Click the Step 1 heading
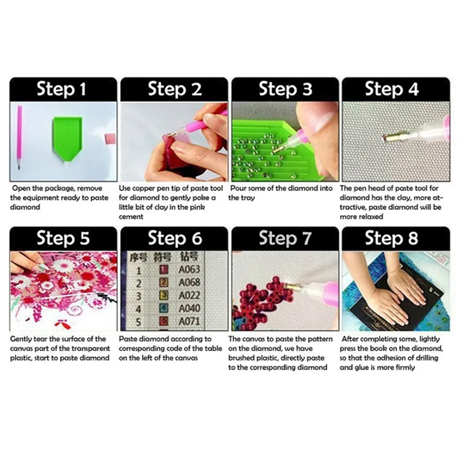click(61, 89)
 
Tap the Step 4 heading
click(392, 89)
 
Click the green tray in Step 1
click(68, 138)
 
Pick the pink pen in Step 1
click(19, 137)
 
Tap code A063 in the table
click(189, 269)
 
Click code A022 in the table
click(189, 295)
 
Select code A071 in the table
click(189, 321)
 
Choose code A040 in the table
click(189, 309)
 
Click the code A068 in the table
click(189, 282)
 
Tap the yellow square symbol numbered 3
click(164, 295)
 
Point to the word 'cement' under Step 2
click(131, 217)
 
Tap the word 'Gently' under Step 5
click(21, 339)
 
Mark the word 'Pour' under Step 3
click(238, 188)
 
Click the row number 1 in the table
click(139, 270)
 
